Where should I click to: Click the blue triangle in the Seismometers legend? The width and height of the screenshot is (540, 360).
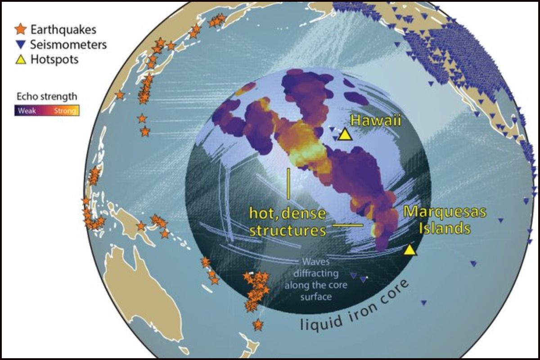(x=21, y=45)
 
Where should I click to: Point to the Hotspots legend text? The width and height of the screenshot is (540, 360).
(x=54, y=59)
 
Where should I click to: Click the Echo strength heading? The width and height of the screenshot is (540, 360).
(x=46, y=96)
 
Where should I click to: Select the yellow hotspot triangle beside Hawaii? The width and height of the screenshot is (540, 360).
(x=345, y=134)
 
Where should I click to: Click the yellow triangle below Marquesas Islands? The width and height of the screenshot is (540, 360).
(x=409, y=250)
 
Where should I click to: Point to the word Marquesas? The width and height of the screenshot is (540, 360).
(x=437, y=212)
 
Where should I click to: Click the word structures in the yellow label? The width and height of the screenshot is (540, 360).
(x=288, y=231)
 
